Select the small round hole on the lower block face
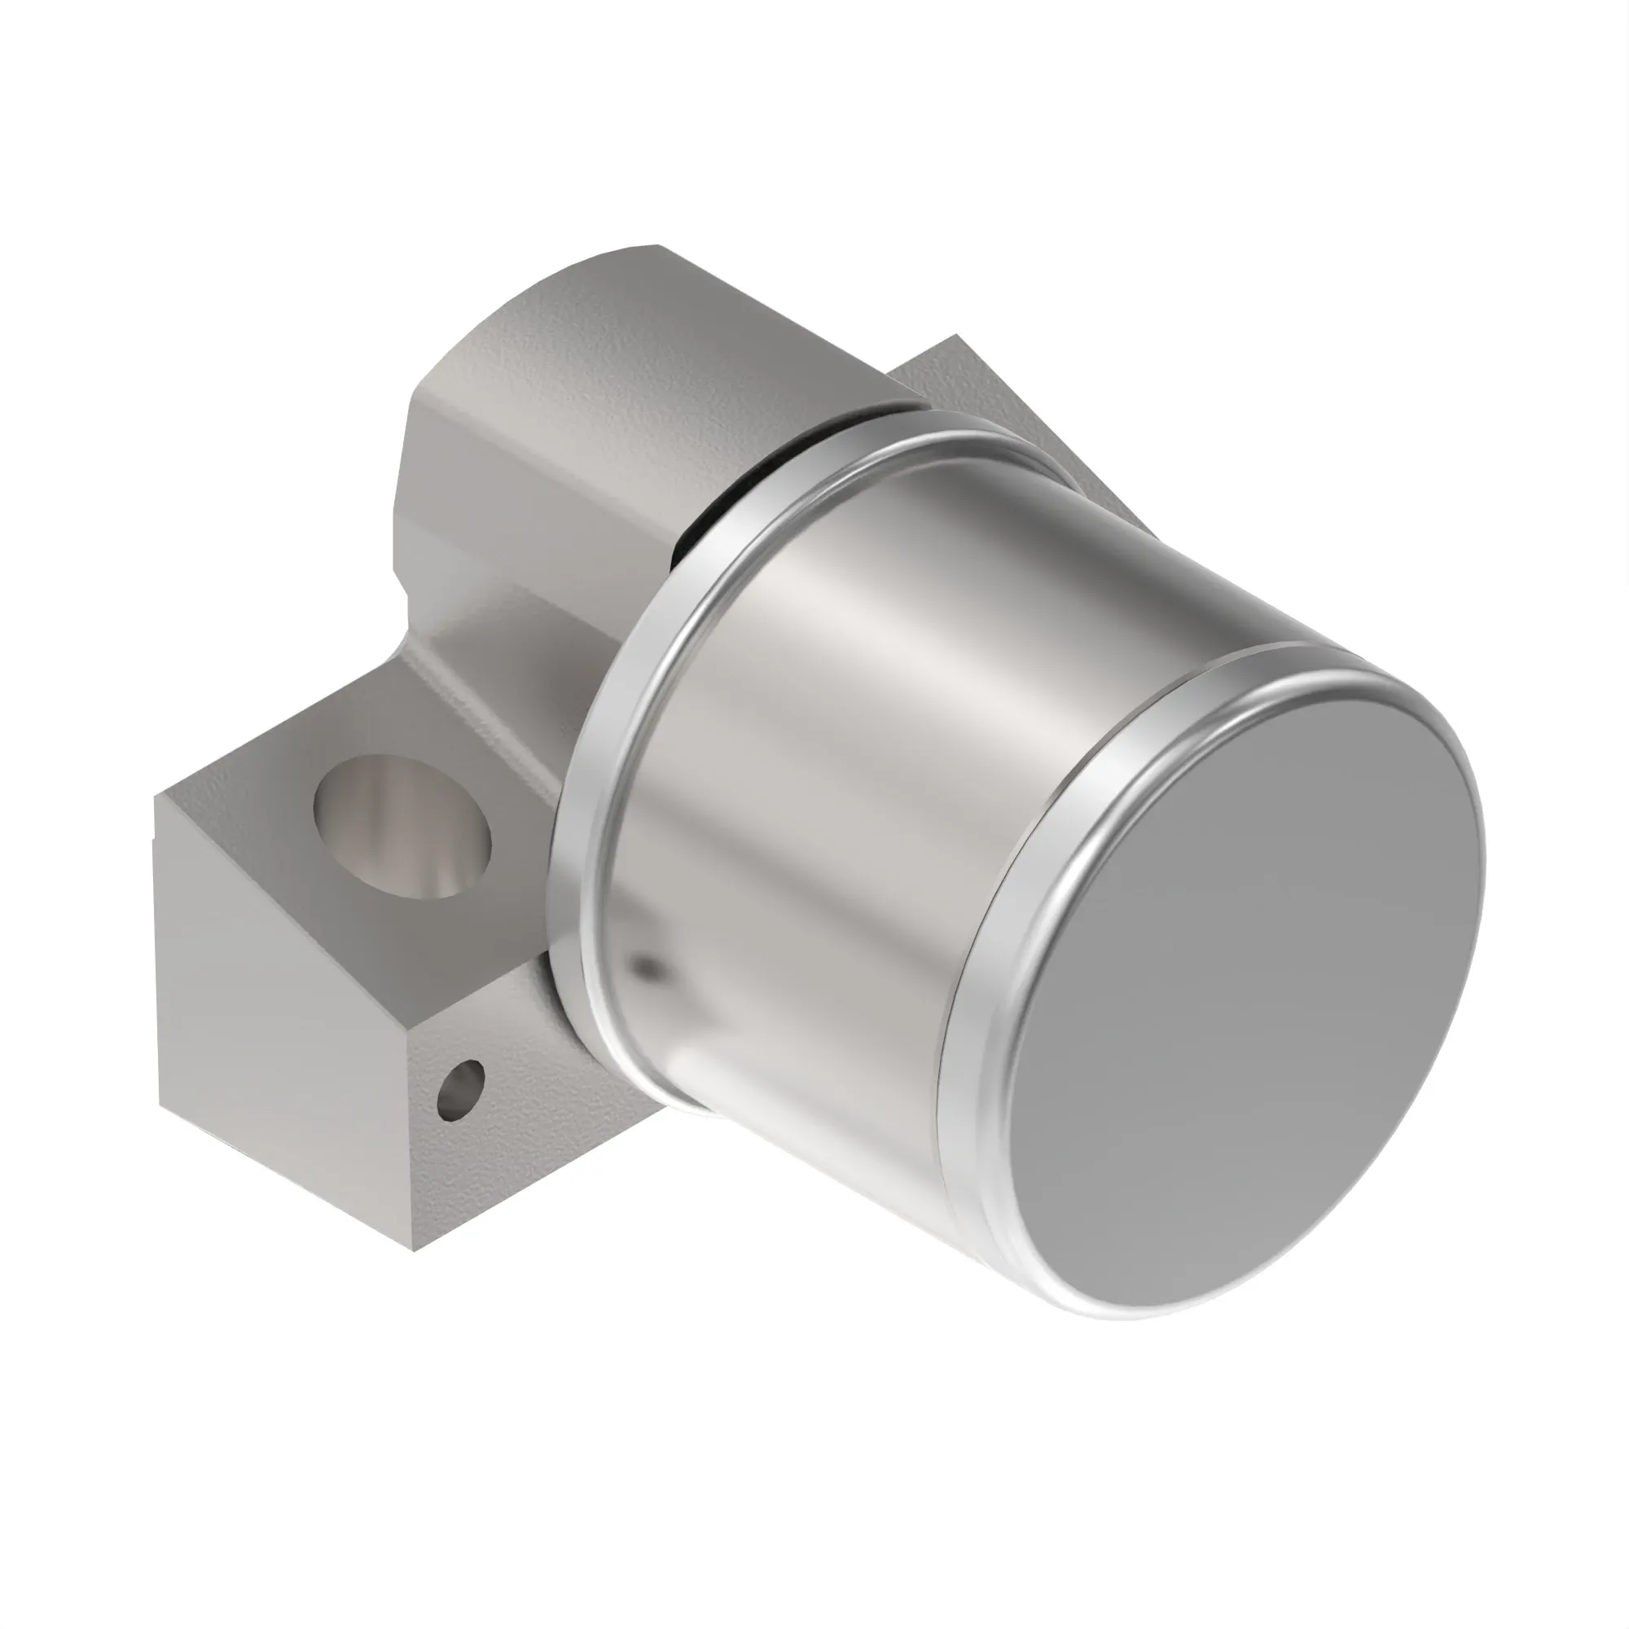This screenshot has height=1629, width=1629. (461, 1091)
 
